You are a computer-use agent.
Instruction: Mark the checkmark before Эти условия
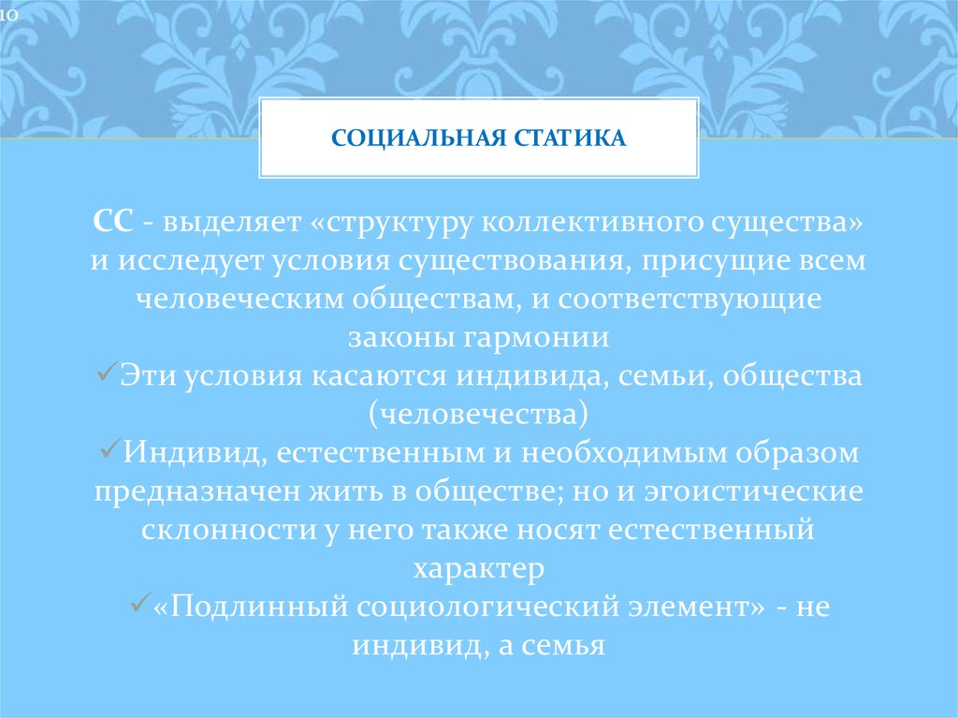click(x=105, y=374)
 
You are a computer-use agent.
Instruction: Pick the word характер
click(x=478, y=566)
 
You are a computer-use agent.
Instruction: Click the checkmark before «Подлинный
click(x=137, y=603)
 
